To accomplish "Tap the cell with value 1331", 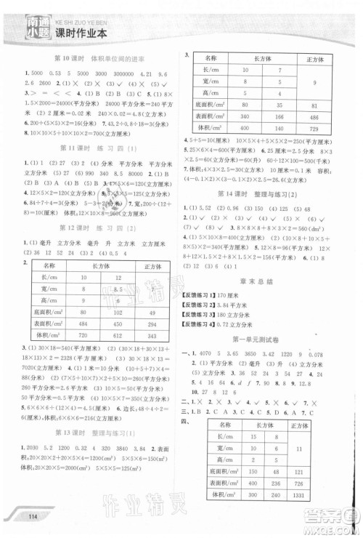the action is coord(320,494).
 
